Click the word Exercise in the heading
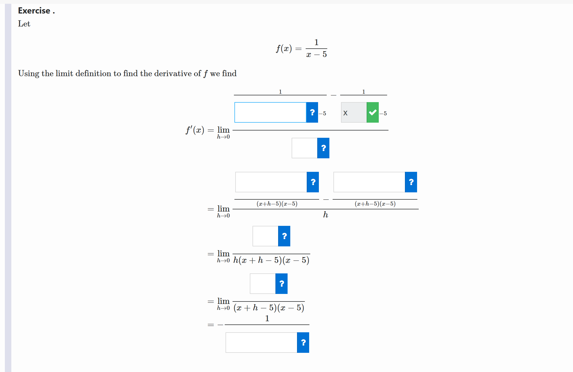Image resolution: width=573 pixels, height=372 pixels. pyautogui.click(x=34, y=11)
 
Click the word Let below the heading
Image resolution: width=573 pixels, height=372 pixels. pyautogui.click(x=24, y=24)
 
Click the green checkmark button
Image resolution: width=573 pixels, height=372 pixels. pyautogui.click(x=373, y=112)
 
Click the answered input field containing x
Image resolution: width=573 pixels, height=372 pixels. pyautogui.click(x=354, y=112)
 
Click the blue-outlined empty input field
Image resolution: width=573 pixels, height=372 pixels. pyautogui.click(x=270, y=112)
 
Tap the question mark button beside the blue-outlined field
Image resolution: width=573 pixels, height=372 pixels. pyautogui.click(x=312, y=112)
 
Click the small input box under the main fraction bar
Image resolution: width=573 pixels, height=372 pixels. pyautogui.click(x=304, y=148)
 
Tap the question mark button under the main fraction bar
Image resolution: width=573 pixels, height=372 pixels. pyautogui.click(x=323, y=148)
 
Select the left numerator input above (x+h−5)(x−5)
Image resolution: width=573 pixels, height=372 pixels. pyautogui.click(x=271, y=182)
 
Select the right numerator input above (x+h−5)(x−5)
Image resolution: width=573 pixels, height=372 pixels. pyautogui.click(x=369, y=182)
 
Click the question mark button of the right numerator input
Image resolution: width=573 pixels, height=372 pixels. pyautogui.click(x=411, y=182)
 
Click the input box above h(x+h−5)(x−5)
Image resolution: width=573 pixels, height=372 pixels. pyautogui.click(x=265, y=236)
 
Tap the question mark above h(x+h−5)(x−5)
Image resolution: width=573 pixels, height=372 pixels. pyautogui.click(x=284, y=236)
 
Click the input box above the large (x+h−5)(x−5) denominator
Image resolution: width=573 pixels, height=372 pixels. pyautogui.click(x=262, y=284)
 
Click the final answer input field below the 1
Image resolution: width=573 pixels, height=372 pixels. pyautogui.click(x=261, y=343)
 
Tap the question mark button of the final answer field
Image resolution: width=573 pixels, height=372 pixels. pyautogui.click(x=303, y=343)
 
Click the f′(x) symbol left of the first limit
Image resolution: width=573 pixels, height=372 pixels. pyautogui.click(x=195, y=130)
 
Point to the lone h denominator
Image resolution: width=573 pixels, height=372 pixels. pyautogui.click(x=326, y=215)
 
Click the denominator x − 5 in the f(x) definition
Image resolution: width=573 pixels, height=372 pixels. pyautogui.click(x=316, y=55)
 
